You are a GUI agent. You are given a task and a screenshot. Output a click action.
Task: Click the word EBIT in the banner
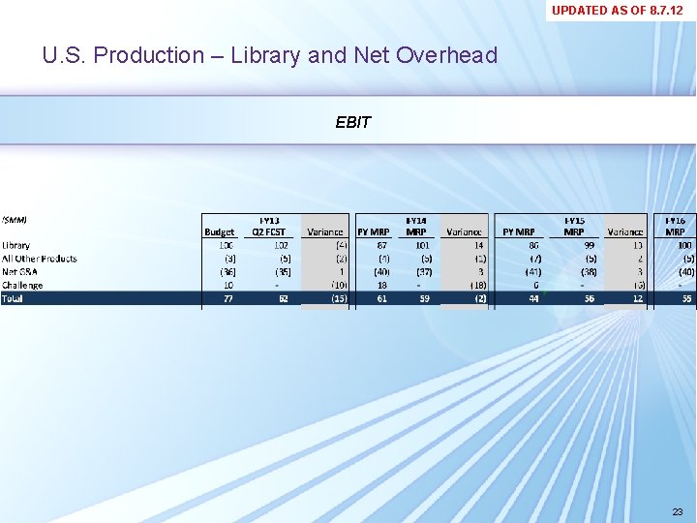(x=352, y=122)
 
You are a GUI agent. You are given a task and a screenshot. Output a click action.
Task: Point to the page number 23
(x=676, y=510)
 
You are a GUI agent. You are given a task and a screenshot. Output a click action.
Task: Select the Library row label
(x=15, y=245)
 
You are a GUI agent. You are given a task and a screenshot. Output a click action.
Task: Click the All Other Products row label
(x=39, y=259)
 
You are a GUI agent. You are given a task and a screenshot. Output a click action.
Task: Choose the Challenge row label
(x=22, y=285)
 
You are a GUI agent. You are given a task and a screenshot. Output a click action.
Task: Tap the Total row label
(x=13, y=298)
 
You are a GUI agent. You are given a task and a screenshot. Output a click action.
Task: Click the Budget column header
(x=220, y=232)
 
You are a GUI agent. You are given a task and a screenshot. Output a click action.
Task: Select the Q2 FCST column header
(x=269, y=232)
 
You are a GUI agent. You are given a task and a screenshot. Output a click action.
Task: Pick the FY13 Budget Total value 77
(x=228, y=298)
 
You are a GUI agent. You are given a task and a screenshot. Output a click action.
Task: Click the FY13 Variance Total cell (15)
(x=338, y=298)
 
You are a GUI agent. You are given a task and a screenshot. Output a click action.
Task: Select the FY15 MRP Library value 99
(x=589, y=245)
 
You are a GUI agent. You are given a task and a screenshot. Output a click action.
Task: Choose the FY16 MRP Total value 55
(x=686, y=298)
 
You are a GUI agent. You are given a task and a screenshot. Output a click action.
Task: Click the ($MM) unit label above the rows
(x=15, y=219)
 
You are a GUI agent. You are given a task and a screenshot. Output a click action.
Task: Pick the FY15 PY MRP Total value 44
(x=533, y=298)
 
